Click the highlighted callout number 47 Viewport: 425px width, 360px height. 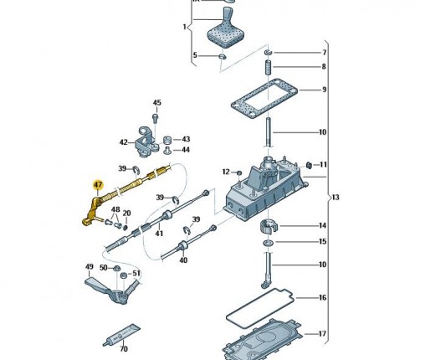pyautogui.click(x=98, y=185)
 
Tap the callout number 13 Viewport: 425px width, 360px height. pyautogui.click(x=335, y=198)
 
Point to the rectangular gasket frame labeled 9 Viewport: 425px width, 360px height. pyautogui.click(x=264, y=99)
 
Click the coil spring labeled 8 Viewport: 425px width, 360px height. pyautogui.click(x=269, y=67)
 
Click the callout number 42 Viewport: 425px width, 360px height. pyautogui.click(x=123, y=142)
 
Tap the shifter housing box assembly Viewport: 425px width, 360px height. pyautogui.click(x=265, y=189)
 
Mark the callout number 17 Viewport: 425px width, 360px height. pyautogui.click(x=322, y=333)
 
